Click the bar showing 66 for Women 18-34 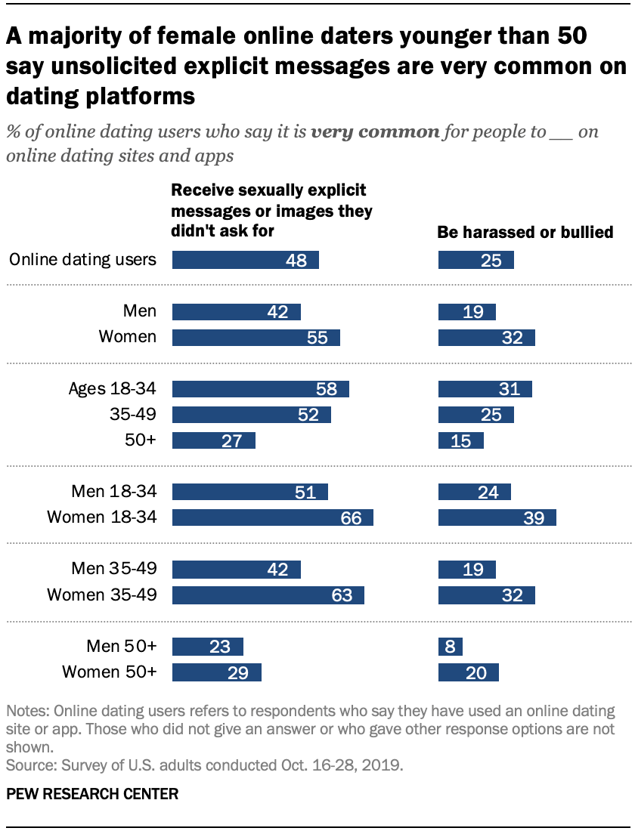coord(273,517)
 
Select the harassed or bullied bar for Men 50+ coord(451,646)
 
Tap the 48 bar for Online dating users coord(246,260)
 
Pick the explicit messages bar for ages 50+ coord(214,440)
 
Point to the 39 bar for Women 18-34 coord(497,517)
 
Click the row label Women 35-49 coord(102,595)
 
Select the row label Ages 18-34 coord(112,389)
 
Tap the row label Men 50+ coord(122,646)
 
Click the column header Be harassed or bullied coord(525,233)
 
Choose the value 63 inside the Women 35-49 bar coord(342,595)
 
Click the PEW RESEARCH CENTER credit coord(93,794)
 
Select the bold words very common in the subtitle coord(375,132)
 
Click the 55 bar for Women coord(256,338)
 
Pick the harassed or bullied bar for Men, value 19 coord(467,312)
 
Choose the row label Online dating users coord(83,260)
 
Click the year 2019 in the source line coord(382,765)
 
